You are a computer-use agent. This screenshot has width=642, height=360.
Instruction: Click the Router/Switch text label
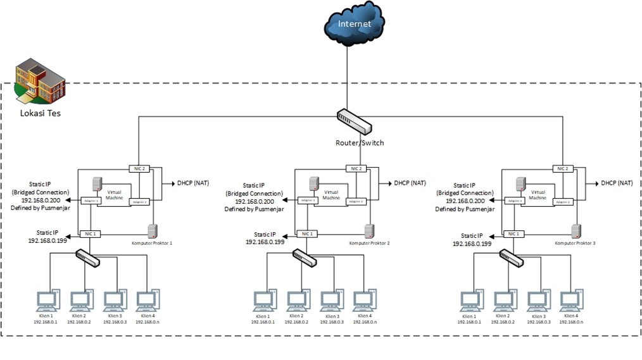point(359,143)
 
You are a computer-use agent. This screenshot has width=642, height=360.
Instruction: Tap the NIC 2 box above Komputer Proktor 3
point(561,168)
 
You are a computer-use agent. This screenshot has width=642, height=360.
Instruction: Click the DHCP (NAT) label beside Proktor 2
point(410,183)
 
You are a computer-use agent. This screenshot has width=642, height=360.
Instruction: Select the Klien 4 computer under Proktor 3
point(571,301)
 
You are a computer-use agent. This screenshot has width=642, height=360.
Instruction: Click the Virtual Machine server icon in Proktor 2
point(313,184)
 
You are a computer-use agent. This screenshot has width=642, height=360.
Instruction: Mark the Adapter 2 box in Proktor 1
point(139,202)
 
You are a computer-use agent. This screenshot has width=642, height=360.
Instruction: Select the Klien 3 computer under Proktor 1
point(114,301)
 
